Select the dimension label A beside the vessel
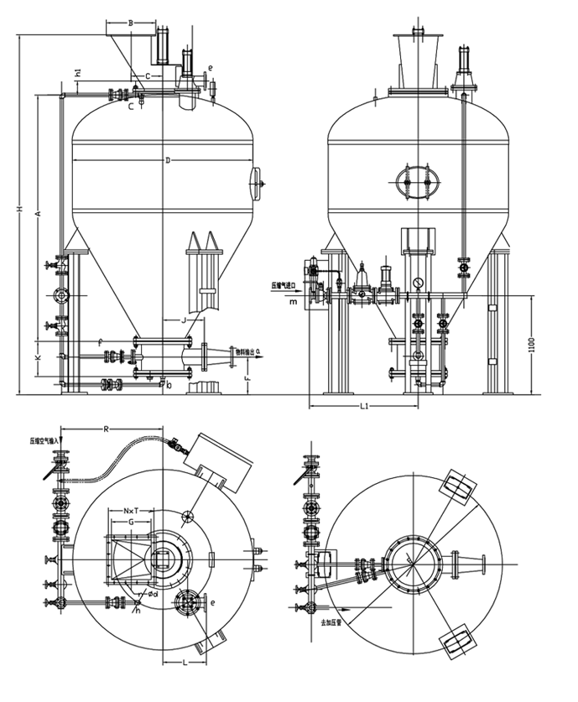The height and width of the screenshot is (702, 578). (x=37, y=215)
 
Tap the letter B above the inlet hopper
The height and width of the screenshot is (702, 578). (x=130, y=23)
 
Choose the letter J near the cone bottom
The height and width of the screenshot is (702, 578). (x=184, y=320)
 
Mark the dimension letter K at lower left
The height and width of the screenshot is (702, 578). (x=37, y=357)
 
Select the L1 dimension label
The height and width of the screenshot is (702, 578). (x=363, y=406)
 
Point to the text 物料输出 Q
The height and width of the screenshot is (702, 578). (x=247, y=352)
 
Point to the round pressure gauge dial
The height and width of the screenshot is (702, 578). (x=417, y=283)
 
